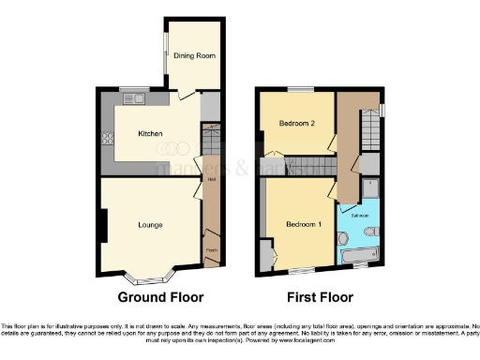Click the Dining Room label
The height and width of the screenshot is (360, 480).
[195, 56]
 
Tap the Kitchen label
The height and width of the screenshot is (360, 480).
[151, 134]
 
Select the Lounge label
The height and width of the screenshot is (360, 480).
[150, 225]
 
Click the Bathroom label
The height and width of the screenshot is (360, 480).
[360, 215]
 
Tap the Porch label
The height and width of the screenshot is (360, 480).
[211, 250]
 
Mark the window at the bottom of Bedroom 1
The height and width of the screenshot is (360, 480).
[300, 271]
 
